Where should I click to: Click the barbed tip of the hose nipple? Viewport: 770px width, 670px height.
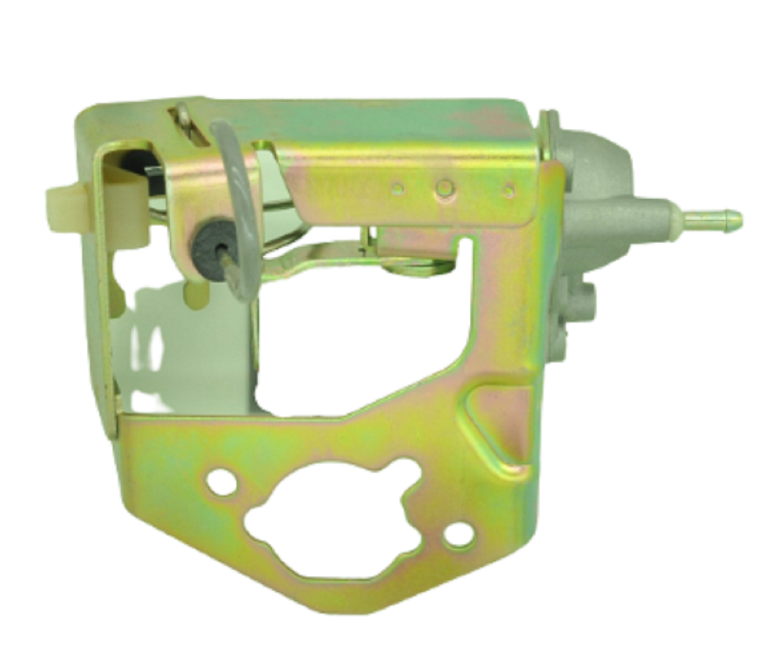[x=731, y=215]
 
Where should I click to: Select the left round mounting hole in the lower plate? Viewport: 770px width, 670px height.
[x=218, y=482]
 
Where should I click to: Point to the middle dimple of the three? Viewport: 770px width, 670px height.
[x=444, y=188]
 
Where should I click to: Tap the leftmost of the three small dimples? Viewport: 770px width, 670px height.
[x=397, y=188]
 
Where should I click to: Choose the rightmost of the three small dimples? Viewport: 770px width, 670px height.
[x=508, y=190]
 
